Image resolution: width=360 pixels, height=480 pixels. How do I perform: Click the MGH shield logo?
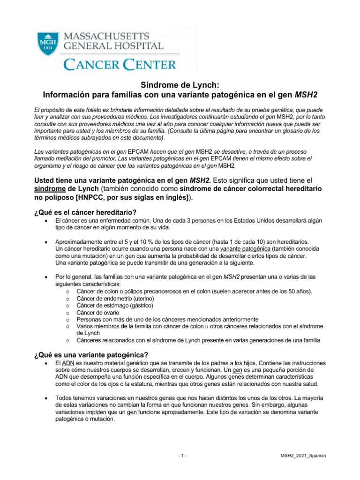tap(45, 42)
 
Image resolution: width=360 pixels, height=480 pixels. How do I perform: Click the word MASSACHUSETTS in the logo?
tap(106, 36)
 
